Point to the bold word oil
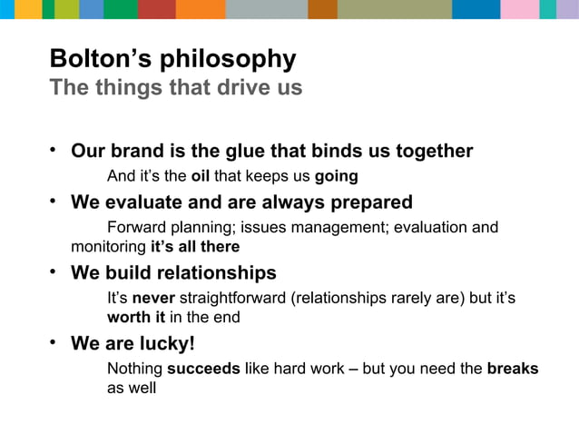201,175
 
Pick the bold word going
336,176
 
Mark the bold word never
152,298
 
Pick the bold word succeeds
203,369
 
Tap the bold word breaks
512,369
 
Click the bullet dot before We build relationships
54,271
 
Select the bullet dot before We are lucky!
54,342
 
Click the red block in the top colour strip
157,9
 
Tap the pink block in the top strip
520,9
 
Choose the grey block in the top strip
266,9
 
